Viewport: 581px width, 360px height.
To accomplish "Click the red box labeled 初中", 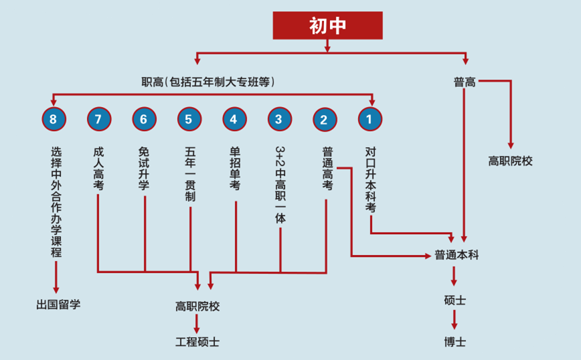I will click(327, 25).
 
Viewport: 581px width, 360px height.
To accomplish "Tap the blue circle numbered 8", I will click(54, 119).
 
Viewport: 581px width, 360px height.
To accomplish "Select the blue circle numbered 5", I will click(189, 119).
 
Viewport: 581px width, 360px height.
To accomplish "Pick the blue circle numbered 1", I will click(369, 119).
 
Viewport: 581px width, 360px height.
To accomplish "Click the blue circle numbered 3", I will click(279, 119).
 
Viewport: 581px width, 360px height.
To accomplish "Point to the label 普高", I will click(465, 82).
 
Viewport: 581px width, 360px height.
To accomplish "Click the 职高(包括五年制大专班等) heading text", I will click(209, 82).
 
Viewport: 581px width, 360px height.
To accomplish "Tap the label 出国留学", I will click(58, 305).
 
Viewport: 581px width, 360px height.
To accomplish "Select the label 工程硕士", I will click(197, 342).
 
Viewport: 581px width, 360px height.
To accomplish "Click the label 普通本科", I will click(456, 255).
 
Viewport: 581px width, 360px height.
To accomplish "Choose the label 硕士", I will click(454, 300).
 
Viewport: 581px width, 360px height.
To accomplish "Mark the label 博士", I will click(454, 342).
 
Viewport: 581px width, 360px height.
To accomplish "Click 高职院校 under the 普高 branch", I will click(510, 161).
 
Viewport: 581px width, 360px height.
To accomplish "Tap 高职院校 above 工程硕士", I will click(197, 306).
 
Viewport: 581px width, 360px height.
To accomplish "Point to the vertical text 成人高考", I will click(98, 169).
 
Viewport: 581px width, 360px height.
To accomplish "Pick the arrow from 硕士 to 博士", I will click(454, 320).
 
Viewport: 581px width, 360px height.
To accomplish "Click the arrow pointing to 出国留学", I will click(56, 278).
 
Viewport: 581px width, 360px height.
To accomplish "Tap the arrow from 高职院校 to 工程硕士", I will click(197, 325).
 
